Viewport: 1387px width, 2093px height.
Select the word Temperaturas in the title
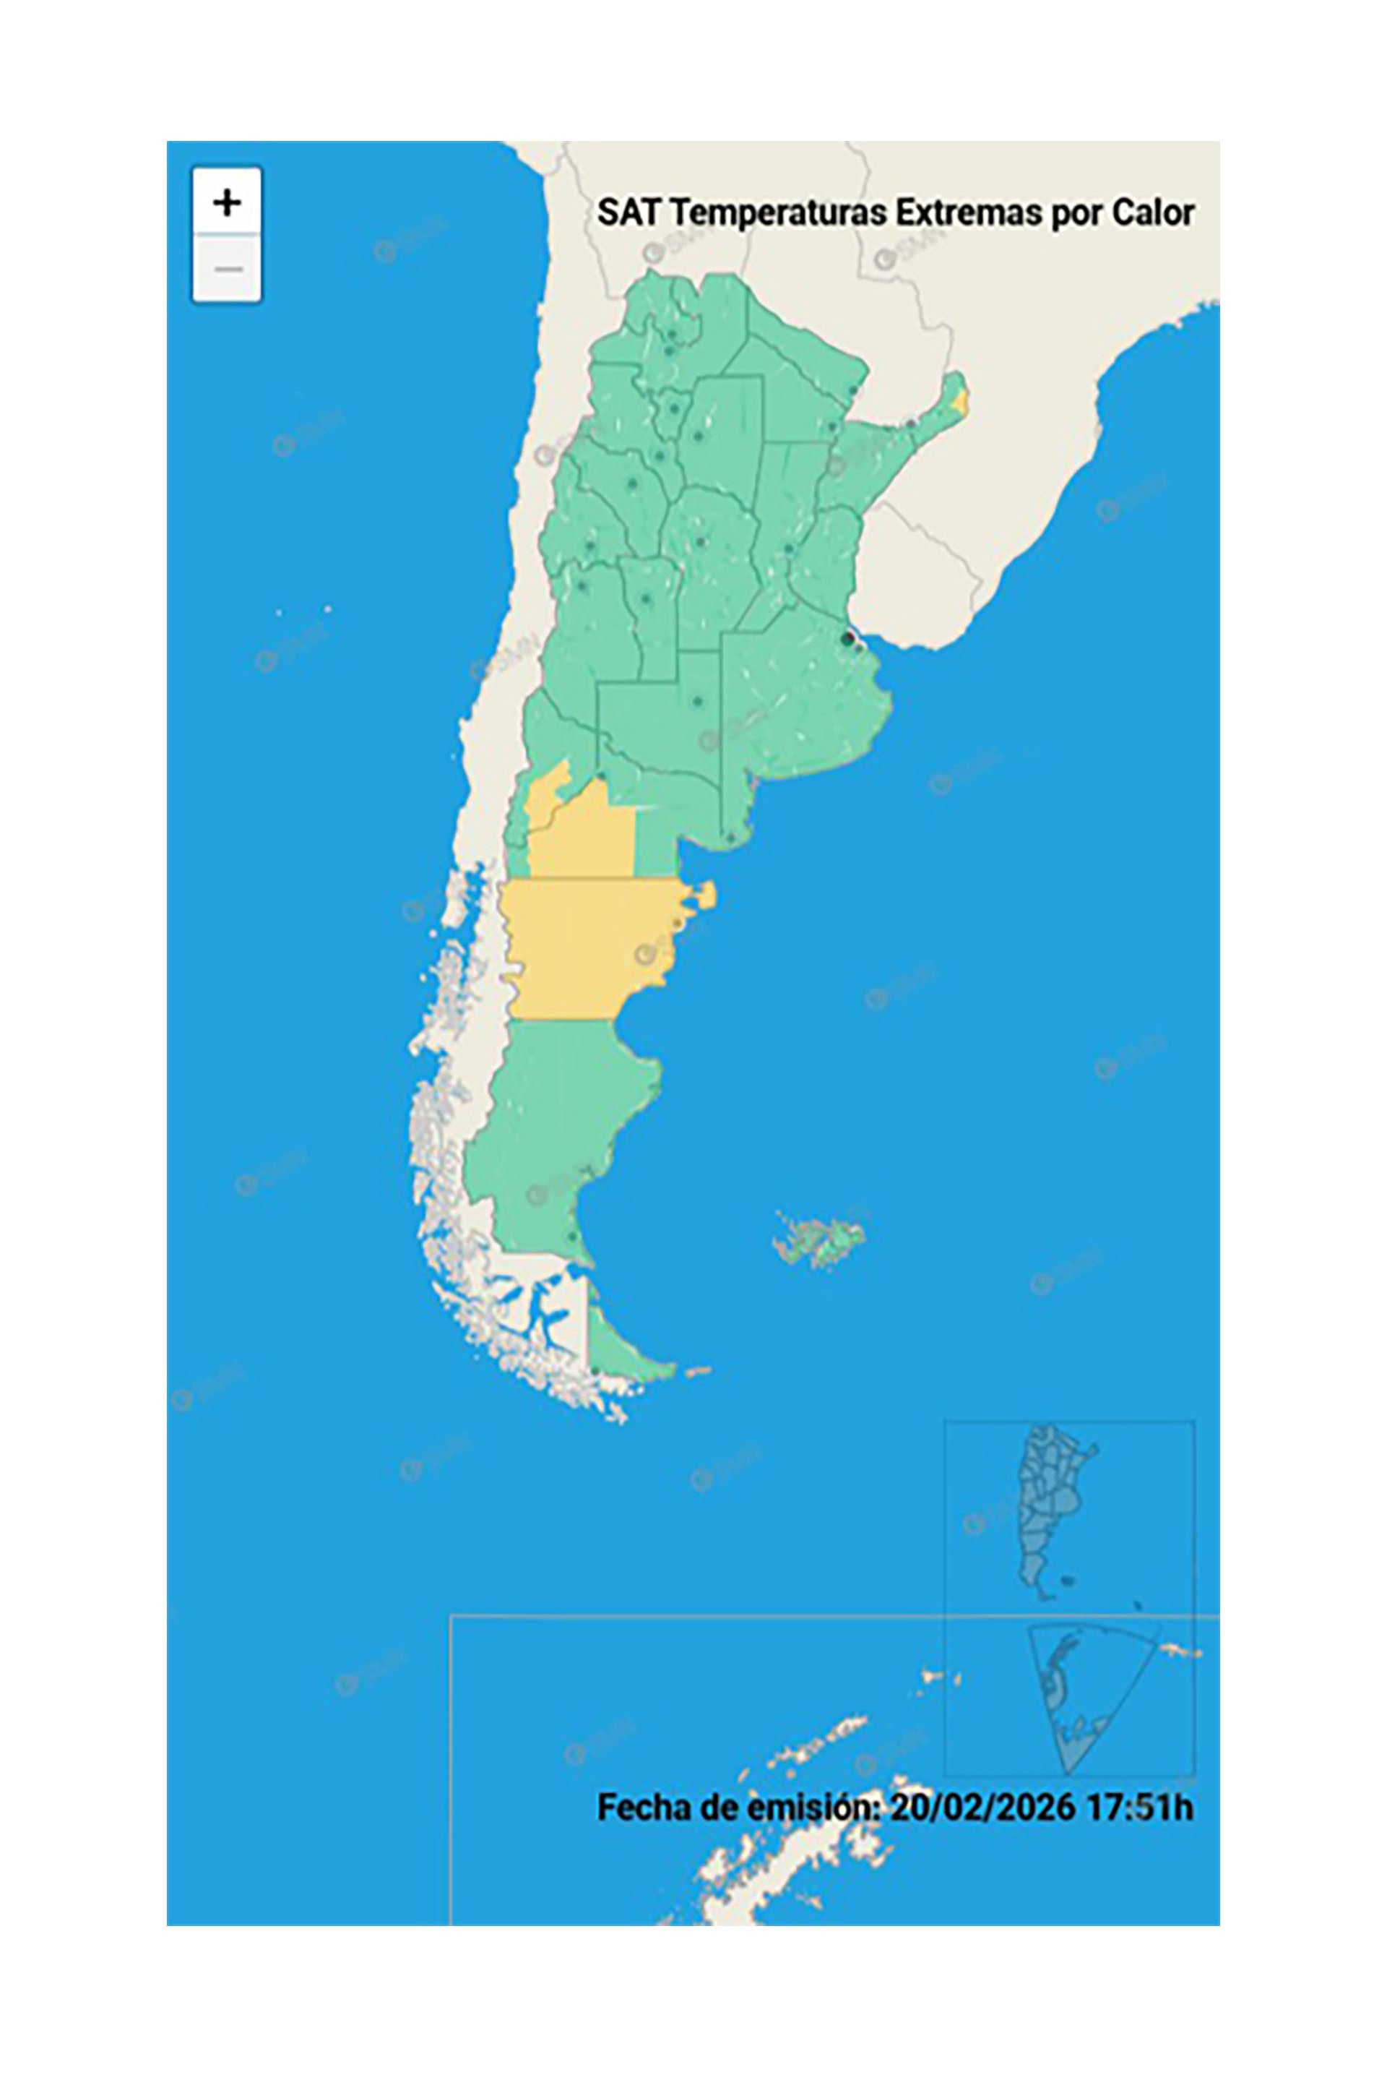pyautogui.click(x=776, y=213)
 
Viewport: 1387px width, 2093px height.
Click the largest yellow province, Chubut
pyautogui.click(x=584, y=947)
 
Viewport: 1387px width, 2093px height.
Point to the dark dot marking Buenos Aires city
pyautogui.click(x=848, y=638)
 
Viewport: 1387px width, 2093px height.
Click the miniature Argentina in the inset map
pyautogui.click(x=1053, y=1505)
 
